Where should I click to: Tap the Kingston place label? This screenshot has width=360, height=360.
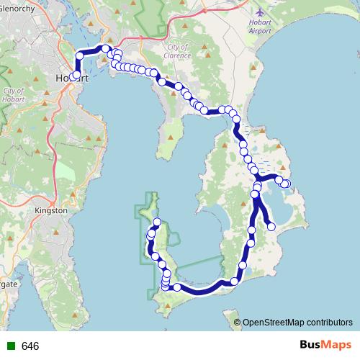(x=50, y=210)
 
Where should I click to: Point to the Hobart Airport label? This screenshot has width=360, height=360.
(x=260, y=26)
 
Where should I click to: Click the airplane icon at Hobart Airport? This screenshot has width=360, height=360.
(x=260, y=12)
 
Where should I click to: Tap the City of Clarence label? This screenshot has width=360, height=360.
(x=176, y=50)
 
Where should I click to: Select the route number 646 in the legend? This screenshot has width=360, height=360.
(x=30, y=346)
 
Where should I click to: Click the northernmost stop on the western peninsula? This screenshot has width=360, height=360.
(x=158, y=221)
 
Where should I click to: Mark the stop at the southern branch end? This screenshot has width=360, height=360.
(x=271, y=227)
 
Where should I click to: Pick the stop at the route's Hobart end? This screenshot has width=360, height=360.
(x=76, y=75)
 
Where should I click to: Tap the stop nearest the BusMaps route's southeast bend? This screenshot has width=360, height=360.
(x=235, y=282)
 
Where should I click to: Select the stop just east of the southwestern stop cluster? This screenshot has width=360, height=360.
(x=177, y=287)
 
